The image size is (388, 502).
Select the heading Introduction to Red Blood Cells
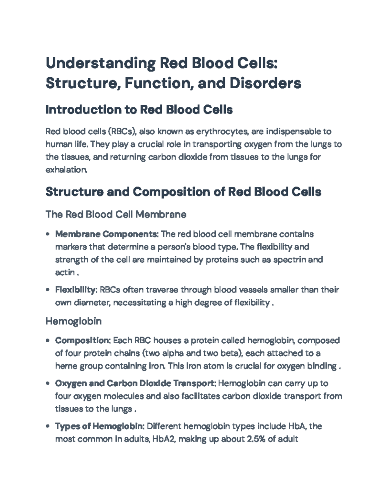point(139,110)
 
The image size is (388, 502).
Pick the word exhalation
point(66,170)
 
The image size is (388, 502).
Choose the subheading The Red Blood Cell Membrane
point(116,214)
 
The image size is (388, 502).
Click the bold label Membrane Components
point(106,234)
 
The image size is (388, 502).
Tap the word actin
point(65,272)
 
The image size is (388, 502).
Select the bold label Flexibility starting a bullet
point(76,290)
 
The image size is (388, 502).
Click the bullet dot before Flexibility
point(48,290)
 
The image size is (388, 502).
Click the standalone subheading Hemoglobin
point(73,321)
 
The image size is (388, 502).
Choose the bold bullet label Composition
point(83,340)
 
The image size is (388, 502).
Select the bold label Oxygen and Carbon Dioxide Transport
point(135,383)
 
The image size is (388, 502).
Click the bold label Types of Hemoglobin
point(99,426)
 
